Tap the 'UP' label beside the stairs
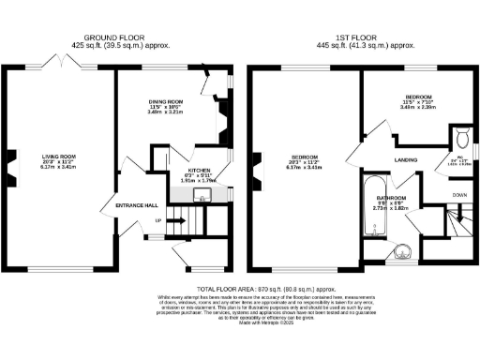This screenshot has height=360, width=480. point(159,220)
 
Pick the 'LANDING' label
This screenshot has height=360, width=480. point(406,159)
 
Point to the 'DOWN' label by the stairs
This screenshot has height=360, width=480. point(458,195)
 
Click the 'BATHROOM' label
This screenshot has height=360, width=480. point(391,199)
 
